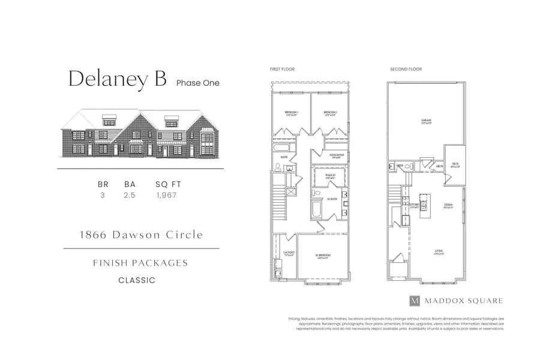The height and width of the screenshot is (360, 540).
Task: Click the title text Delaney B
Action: pos(116,79)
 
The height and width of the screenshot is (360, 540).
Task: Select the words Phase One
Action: pos(197,83)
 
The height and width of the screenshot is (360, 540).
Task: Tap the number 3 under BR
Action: pos(103,195)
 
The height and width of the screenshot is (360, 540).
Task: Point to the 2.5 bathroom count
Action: pos(130,195)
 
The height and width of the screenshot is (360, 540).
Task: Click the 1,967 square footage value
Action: pos(166,195)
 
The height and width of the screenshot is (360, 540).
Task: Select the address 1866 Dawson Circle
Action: pos(142,235)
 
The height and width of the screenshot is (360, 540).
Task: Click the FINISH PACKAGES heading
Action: pos(140,263)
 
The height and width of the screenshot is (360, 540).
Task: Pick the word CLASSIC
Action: pos(137,280)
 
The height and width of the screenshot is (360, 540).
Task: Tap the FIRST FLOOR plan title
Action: pos(282,70)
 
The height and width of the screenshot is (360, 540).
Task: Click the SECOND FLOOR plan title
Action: pos(406,70)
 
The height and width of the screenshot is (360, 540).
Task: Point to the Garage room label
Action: pos(427,122)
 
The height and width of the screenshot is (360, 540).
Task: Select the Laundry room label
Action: pos(288,253)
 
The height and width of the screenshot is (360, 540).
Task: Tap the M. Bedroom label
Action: pos(324,256)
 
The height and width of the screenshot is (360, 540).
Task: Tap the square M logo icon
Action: pos(414,301)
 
